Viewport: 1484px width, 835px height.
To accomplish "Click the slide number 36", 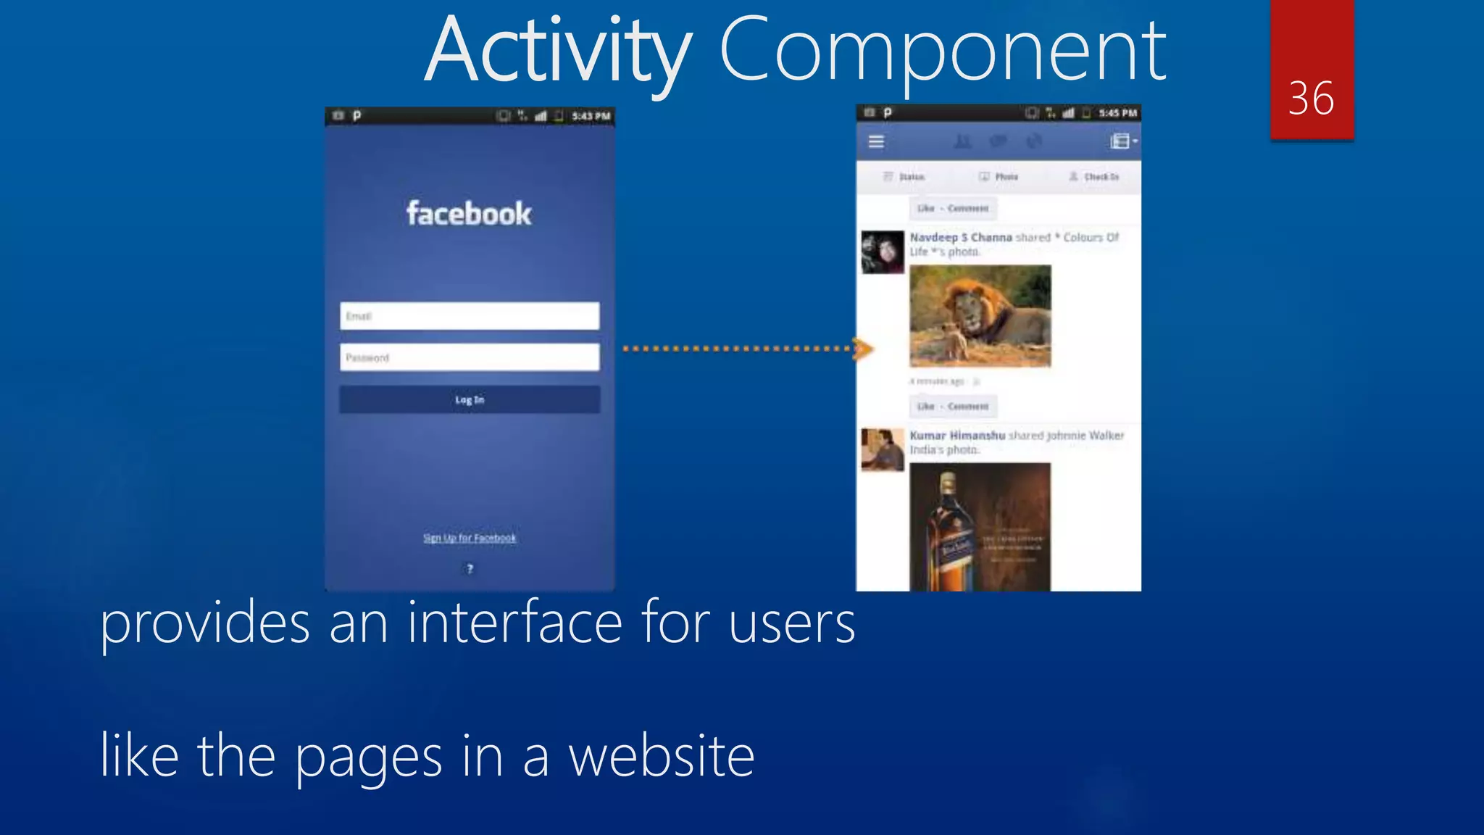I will (1311, 99).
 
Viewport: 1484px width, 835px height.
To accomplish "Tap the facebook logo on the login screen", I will (469, 214).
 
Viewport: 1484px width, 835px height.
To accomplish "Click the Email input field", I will (470, 316).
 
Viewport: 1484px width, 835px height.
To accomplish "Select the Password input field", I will (470, 357).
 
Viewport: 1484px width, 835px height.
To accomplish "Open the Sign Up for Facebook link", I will (470, 538).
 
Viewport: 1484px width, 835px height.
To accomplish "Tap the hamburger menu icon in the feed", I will (876, 142).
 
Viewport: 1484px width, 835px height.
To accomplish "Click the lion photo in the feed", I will (980, 316).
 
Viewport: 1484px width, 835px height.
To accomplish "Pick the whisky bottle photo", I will (980, 527).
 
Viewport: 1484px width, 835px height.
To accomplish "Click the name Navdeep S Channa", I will (961, 237).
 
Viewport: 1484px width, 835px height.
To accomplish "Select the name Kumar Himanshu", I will (957, 436).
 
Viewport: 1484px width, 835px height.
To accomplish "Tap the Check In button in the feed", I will (1095, 177).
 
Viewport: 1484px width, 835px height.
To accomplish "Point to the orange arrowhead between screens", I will (862, 349).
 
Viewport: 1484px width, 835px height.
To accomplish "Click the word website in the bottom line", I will (661, 756).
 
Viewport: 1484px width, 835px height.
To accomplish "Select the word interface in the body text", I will (514, 623).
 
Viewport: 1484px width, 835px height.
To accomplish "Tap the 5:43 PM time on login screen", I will (591, 116).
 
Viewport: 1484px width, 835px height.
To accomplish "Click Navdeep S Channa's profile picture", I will (883, 252).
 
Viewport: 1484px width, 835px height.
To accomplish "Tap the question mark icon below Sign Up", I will (470, 569).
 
